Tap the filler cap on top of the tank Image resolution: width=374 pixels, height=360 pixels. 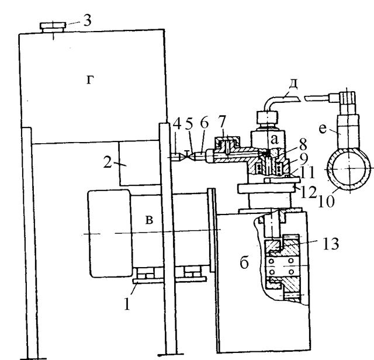click(53, 26)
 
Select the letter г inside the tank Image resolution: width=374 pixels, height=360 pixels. click(89, 81)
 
